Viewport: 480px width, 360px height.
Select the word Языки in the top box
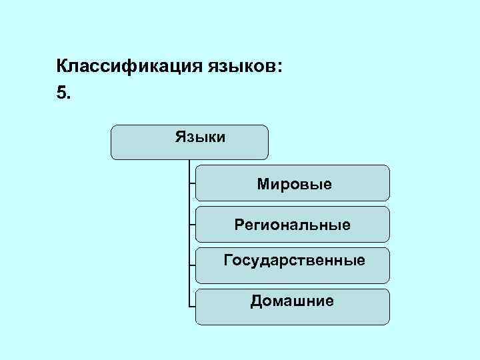[200, 137]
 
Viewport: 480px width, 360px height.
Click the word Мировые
[294, 183]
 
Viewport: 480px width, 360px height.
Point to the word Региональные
[292, 225]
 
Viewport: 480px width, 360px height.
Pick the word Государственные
[294, 259]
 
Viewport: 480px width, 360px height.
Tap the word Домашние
[292, 301]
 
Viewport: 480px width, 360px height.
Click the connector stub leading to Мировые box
[192, 183]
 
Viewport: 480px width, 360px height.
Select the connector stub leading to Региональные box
[192, 225]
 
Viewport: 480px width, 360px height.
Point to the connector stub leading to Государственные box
[192, 265]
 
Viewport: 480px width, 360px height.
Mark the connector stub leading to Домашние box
[192, 307]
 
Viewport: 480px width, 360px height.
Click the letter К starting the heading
[62, 67]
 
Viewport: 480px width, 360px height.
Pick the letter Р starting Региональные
[238, 225]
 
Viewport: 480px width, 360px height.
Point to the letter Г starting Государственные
[227, 259]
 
